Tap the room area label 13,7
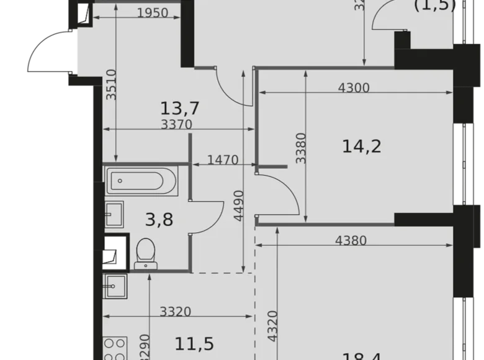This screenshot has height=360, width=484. coord(179,109)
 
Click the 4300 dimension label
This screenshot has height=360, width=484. coord(354,88)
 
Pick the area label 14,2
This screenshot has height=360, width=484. coord(361,146)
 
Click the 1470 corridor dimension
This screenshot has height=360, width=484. coord(223,160)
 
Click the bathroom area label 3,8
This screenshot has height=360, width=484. coord(158,218)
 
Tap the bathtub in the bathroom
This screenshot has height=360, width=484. coord(143,182)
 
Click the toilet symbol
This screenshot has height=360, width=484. coord(146,253)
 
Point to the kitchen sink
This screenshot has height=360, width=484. coord(115,287)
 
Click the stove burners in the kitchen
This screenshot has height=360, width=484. coord(114,348)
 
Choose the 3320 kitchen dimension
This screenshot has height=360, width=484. coord(174,312)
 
